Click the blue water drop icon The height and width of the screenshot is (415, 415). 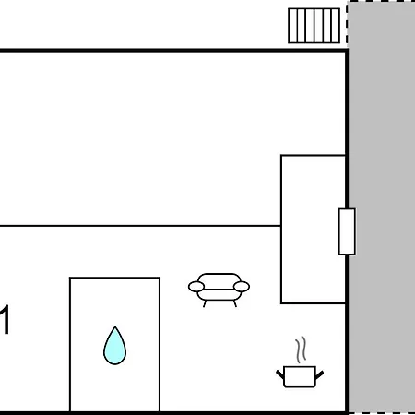(114, 346)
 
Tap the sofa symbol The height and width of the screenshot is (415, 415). (219, 290)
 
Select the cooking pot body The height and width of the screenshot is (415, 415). (300, 376)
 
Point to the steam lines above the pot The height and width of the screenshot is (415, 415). (302, 350)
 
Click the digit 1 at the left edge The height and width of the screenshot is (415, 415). (5, 320)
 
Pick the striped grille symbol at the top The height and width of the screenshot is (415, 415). (314, 26)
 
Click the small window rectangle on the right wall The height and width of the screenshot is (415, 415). (347, 231)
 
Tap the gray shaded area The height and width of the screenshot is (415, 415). (382, 207)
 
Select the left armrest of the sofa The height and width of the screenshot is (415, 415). (196, 287)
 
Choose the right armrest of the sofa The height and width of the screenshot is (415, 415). (242, 287)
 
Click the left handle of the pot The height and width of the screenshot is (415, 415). (280, 374)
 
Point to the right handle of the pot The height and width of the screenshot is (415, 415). (319, 374)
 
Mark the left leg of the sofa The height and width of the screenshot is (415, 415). (205, 303)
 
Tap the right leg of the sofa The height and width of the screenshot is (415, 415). (235, 303)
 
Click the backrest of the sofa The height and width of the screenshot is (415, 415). (219, 280)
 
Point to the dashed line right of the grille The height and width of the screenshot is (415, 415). (347, 25)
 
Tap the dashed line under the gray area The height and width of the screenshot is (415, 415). (382, 413)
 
